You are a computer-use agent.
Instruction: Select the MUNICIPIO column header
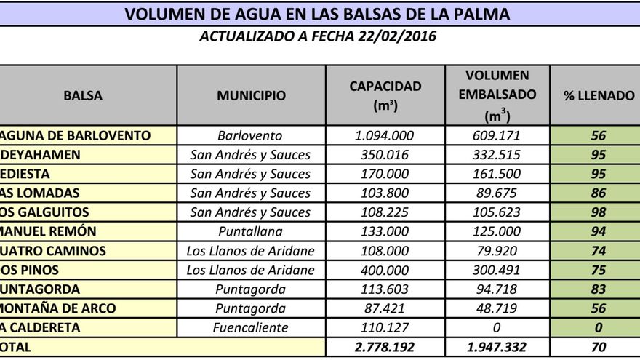click(x=251, y=95)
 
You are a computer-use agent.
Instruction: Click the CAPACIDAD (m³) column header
click(x=385, y=95)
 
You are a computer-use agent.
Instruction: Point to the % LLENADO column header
click(x=599, y=95)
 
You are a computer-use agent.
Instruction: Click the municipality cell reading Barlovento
click(x=249, y=136)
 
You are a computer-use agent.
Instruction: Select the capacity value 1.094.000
click(x=385, y=136)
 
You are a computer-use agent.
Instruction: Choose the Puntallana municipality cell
click(x=249, y=231)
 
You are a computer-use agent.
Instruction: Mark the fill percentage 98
click(x=599, y=212)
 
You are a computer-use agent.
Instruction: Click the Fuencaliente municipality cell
click(x=249, y=327)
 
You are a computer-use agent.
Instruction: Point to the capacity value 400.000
click(x=385, y=270)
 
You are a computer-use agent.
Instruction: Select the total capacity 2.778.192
click(x=385, y=348)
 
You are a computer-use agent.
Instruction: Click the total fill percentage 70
click(x=599, y=348)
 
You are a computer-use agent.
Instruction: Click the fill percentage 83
click(x=599, y=289)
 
